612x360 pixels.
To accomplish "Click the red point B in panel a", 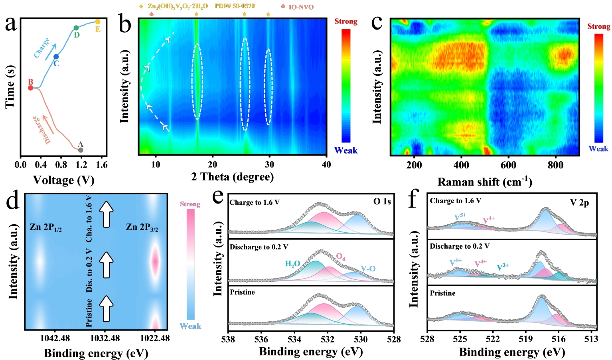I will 31,88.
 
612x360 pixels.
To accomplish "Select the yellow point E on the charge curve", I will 97,22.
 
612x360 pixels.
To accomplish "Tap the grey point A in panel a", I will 81,150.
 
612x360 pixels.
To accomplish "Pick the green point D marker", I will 76,28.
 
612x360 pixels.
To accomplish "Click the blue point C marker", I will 56,57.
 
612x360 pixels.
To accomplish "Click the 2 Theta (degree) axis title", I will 232,177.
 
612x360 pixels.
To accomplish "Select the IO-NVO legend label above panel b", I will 301,7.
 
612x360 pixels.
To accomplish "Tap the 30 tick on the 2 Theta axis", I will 269,165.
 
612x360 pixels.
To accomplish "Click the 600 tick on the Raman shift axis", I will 508,166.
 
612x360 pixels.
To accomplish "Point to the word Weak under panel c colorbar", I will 598,149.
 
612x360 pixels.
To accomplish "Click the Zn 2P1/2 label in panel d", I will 45,227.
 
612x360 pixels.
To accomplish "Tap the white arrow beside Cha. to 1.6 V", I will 106,214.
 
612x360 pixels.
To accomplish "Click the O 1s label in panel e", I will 382,202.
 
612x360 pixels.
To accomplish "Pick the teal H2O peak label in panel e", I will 292,264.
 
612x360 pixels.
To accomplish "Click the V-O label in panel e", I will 368,269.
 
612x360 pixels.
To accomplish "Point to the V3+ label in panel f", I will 502,267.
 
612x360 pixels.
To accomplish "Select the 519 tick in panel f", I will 526,339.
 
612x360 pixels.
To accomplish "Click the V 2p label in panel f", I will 579,203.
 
